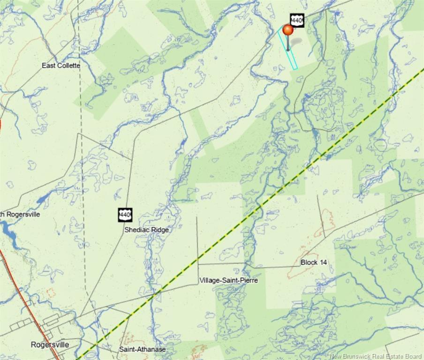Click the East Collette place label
coord(61,66)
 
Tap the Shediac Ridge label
coord(146,230)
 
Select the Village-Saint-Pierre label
coord(228,280)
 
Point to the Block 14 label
coord(314,262)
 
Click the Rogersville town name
coord(50,345)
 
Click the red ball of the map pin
coord(288,30)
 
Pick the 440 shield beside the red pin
coord(297,20)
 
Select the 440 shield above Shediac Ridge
coord(125,215)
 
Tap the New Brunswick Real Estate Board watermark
coord(376,356)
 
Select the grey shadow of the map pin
coord(296,43)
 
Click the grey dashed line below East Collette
coord(81,141)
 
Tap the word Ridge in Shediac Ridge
coord(159,230)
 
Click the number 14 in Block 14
coord(323,262)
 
